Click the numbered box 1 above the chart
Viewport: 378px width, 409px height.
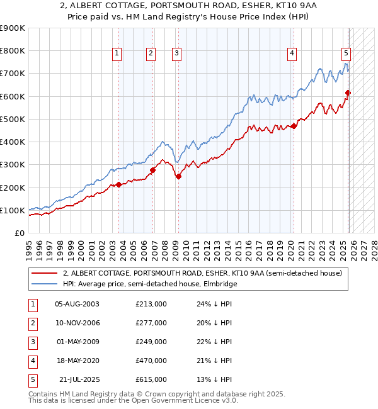(x=118, y=54)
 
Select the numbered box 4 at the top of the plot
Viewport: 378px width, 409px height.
(x=292, y=54)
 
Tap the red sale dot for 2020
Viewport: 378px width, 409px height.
(x=294, y=126)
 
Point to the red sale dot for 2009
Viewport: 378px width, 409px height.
(x=178, y=177)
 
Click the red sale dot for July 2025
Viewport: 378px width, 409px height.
(x=348, y=93)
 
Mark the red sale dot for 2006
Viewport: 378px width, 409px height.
(x=152, y=170)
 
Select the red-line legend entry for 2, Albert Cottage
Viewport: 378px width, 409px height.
(x=202, y=273)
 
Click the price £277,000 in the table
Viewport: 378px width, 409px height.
(x=151, y=323)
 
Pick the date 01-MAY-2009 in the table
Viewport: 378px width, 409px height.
(x=77, y=342)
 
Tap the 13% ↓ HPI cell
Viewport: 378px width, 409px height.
(x=214, y=379)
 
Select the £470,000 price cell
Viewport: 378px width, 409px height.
(x=151, y=361)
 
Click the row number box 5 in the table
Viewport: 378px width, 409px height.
(x=32, y=379)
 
